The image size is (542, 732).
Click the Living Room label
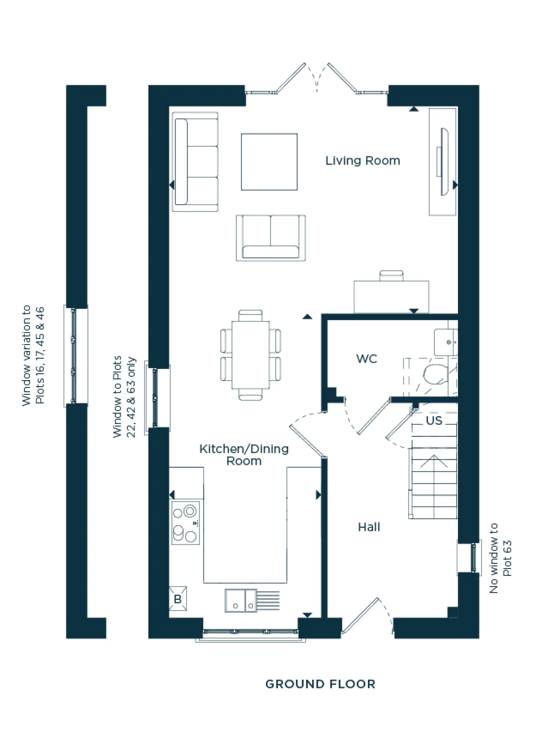[362, 161]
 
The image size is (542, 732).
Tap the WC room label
[366, 359]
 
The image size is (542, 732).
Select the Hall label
[369, 527]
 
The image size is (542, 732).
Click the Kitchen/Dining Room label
[244, 455]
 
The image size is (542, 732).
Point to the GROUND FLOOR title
[320, 684]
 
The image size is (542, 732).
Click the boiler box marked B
[178, 599]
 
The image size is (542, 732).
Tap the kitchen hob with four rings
[186, 523]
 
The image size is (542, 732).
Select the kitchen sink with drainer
[240, 600]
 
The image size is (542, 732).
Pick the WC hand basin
[445, 342]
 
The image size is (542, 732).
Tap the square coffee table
[269, 162]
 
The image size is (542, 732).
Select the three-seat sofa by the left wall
[196, 162]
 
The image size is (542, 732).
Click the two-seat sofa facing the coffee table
[271, 238]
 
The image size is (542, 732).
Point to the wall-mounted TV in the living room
[444, 161]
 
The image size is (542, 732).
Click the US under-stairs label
[434, 421]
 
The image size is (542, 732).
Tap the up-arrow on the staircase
[434, 462]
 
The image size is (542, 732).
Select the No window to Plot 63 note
[500, 558]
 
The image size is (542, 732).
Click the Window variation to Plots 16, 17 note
[33, 355]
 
